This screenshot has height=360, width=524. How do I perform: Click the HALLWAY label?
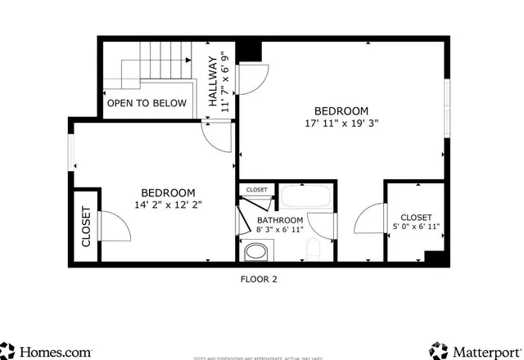point(213,82)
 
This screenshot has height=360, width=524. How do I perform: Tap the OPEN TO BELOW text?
point(147,103)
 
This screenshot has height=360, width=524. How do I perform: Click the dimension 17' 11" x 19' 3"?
point(341,124)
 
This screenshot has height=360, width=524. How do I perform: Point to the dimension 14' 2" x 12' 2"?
point(168,205)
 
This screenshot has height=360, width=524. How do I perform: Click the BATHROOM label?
point(280,220)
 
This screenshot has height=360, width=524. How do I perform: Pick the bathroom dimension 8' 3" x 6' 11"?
point(280,231)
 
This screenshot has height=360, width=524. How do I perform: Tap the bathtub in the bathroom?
point(305,197)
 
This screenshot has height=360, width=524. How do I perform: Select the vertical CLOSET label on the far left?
point(86,226)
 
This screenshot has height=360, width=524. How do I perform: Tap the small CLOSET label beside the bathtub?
point(256,190)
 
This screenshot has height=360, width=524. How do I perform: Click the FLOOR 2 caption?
point(259,279)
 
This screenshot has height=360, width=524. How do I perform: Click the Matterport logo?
point(476,351)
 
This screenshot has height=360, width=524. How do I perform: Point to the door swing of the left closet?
point(113,226)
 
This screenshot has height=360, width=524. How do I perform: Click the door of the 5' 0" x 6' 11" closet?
point(371,221)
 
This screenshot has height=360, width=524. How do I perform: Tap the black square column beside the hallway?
point(251,50)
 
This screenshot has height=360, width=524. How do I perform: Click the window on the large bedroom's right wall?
point(447,106)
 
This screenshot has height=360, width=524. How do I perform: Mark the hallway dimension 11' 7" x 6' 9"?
point(228,82)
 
